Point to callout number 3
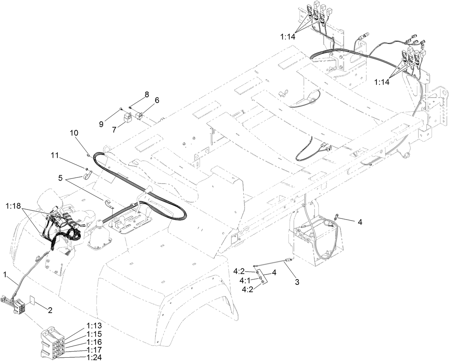click(297, 282)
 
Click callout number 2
click(50, 310)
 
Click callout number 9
click(101, 124)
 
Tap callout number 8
click(146, 94)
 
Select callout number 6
click(157, 101)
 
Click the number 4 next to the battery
click(360, 222)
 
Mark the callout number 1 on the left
click(5, 274)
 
